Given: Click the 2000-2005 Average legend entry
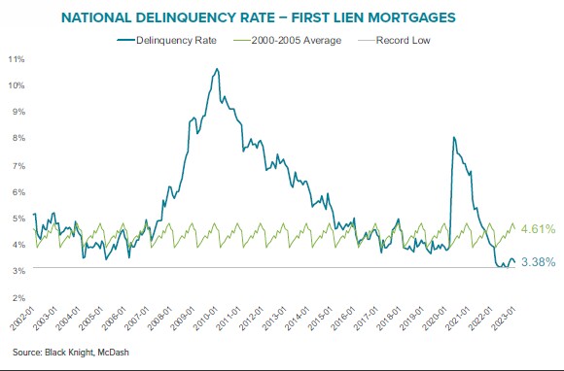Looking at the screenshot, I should click(291, 40).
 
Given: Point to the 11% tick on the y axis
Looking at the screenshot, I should click(16, 59).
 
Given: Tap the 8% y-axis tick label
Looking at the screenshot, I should click(16, 139).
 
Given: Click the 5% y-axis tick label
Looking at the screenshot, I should click(16, 219).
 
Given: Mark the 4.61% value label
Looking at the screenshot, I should click(537, 229).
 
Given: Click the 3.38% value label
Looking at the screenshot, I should click(537, 262).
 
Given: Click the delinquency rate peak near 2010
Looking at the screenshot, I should click(217, 69).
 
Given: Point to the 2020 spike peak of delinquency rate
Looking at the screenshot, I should click(454, 138).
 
